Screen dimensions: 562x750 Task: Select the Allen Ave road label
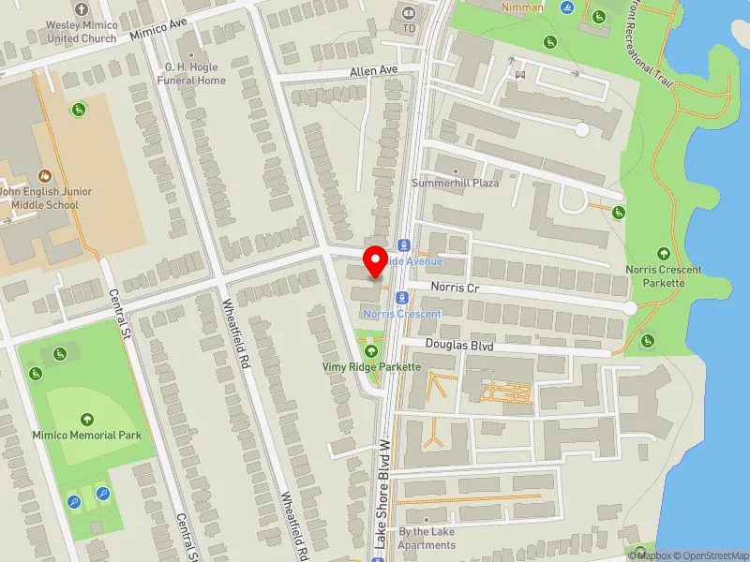(374, 70)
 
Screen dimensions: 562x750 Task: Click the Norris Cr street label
(455, 288)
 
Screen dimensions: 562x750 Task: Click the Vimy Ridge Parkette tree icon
(371, 352)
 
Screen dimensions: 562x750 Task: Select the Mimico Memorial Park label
(87, 436)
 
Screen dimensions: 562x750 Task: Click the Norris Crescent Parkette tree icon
(664, 254)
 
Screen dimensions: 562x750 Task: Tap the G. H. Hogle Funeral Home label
(195, 74)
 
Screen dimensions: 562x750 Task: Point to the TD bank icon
(409, 13)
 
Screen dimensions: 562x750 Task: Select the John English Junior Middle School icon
(44, 175)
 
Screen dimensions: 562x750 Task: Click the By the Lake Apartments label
(427, 538)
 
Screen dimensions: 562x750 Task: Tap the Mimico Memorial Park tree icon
(87, 420)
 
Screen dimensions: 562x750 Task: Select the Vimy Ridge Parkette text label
(371, 367)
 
